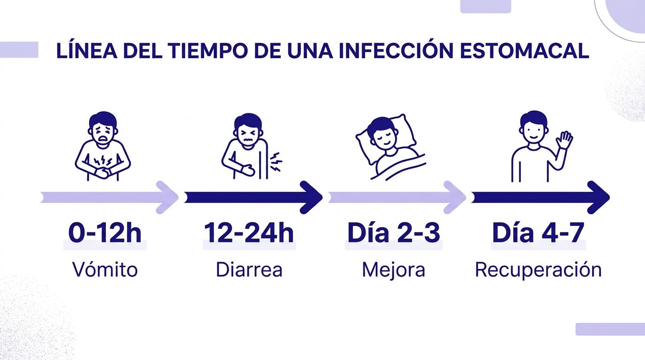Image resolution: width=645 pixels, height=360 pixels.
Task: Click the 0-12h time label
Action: point(105,233)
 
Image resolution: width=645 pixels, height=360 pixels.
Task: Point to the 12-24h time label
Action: point(249,233)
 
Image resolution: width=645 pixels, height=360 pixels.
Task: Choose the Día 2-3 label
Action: point(393,233)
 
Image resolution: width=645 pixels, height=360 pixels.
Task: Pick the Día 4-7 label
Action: point(538,233)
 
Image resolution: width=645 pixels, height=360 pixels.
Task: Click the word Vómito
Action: point(105,270)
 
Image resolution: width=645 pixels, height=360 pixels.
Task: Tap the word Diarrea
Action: point(249,270)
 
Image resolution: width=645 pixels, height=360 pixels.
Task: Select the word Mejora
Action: point(393,270)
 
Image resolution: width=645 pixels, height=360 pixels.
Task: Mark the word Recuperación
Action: point(538,270)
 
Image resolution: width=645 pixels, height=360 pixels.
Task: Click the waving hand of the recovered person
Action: point(564,140)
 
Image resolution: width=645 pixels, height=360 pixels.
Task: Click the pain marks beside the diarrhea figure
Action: point(277,162)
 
